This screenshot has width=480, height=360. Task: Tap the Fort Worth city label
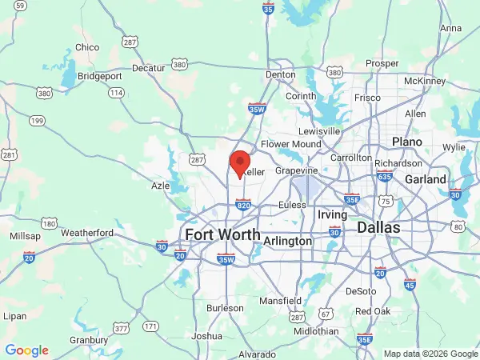(x=222, y=234)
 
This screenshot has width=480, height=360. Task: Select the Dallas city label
(x=378, y=227)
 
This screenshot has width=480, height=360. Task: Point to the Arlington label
(x=287, y=241)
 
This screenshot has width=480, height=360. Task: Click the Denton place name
(x=281, y=74)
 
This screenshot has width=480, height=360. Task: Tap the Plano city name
(x=406, y=141)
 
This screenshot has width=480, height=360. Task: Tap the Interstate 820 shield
(x=245, y=205)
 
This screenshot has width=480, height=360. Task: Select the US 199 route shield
(x=37, y=121)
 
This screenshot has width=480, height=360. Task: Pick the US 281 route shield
(x=10, y=154)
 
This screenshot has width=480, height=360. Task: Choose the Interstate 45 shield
(x=410, y=284)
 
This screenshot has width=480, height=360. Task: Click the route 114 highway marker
(x=117, y=93)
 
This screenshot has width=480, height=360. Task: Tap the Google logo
(x=26, y=350)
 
